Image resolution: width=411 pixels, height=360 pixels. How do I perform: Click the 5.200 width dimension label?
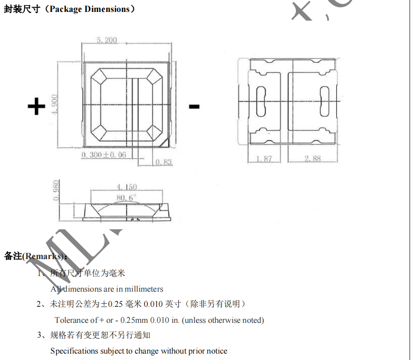[x=107, y=40]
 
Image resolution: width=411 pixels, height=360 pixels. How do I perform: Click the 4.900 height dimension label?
[x=55, y=105]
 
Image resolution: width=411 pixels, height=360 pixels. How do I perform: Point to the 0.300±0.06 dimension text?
[x=104, y=155]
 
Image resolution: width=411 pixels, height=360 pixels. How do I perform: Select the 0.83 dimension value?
[x=164, y=162]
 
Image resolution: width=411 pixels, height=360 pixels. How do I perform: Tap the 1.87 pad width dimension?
[x=264, y=159]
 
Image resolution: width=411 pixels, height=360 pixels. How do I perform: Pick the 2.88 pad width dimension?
[x=312, y=159]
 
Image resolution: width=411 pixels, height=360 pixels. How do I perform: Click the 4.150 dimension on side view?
[x=126, y=187]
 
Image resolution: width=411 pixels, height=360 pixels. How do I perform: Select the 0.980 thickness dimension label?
[x=56, y=190]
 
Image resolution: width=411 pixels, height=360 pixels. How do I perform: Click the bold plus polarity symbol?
[x=37, y=106]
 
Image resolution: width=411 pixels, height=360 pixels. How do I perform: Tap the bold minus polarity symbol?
[x=194, y=107]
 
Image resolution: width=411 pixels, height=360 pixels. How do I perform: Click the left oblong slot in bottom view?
[x=262, y=100]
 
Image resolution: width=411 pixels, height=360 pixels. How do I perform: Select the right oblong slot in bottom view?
[x=325, y=100]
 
